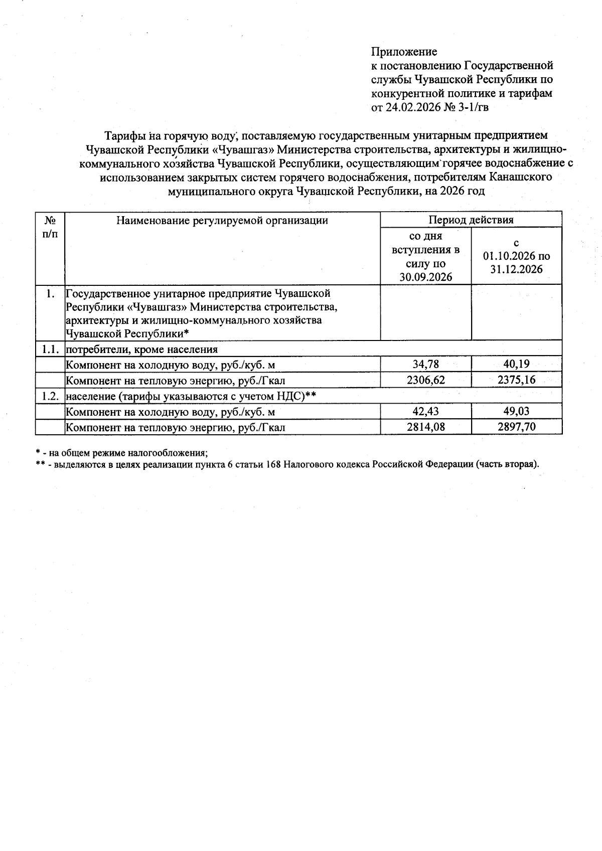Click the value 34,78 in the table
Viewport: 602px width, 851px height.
(x=425, y=364)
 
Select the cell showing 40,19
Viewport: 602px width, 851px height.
(x=516, y=364)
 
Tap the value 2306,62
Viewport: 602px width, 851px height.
(x=425, y=380)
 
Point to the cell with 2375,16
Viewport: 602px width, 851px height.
(x=516, y=380)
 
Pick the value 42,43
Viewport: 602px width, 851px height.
(x=425, y=412)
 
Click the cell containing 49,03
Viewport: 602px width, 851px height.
(x=516, y=412)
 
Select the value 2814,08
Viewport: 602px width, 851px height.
(x=425, y=427)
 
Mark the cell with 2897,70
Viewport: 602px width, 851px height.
(x=516, y=427)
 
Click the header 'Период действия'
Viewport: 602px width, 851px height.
(x=471, y=220)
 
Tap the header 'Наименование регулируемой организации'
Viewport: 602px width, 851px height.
(x=222, y=220)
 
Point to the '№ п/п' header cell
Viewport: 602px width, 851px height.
(x=50, y=227)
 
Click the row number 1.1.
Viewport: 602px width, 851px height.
(x=50, y=349)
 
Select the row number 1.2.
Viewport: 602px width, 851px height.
(x=50, y=396)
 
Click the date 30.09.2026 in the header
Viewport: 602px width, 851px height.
(x=425, y=277)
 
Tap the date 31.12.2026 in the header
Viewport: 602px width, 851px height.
(x=516, y=269)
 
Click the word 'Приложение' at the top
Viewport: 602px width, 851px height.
(x=404, y=52)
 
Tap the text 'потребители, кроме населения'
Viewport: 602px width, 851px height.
(x=142, y=349)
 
